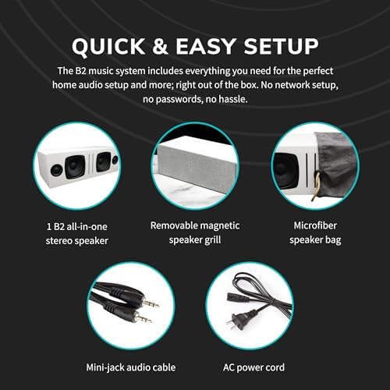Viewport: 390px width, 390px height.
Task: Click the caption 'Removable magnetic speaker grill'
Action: point(194,233)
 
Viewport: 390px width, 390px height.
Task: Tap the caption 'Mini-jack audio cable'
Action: point(130,367)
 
